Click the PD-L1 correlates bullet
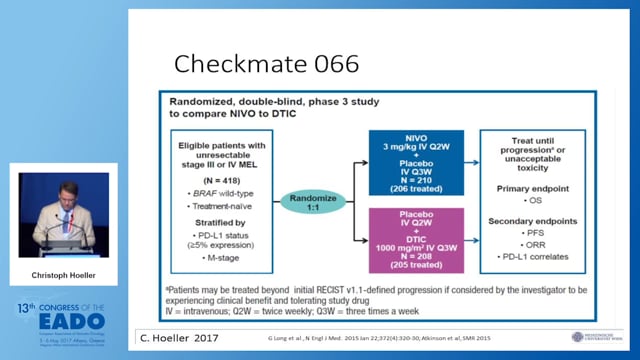535,257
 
